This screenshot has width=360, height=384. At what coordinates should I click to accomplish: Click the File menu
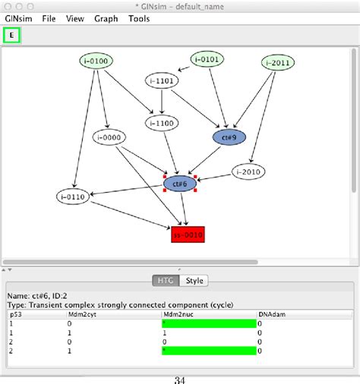pos(49,18)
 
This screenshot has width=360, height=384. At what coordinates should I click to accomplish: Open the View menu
pos(75,18)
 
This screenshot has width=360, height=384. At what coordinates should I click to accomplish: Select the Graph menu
pos(106,18)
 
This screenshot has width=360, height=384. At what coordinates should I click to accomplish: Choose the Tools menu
pos(140,18)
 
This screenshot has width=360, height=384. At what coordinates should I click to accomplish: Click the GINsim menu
pos(18,18)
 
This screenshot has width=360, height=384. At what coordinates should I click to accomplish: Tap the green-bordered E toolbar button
pos(12,35)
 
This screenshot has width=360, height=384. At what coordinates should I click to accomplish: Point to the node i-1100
pos(161,123)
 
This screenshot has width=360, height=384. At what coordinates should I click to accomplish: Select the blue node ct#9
pos(229,137)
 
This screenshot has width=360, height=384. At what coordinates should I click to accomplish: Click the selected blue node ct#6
pos(180,183)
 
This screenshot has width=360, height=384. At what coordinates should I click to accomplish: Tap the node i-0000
pos(110,137)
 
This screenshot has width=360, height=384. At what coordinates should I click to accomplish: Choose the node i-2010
pos(248,172)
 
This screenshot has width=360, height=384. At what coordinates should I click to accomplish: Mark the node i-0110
pos(73,197)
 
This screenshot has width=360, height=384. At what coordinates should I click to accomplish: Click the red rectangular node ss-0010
pos(188,235)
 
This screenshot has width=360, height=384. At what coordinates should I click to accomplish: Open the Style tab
pos(195,281)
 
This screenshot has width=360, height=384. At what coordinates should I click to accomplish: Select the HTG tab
pos(165,281)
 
